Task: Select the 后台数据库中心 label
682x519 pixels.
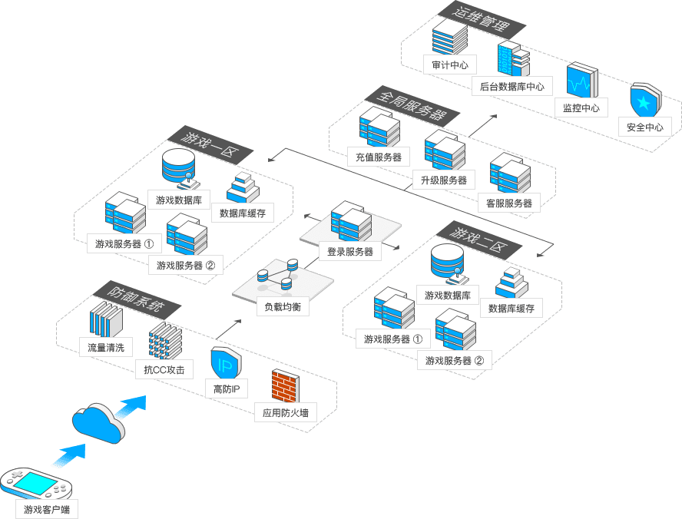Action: (511, 87)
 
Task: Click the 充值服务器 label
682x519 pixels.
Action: (379, 157)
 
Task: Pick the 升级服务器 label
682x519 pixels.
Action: (444, 180)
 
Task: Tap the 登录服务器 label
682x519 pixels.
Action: (350, 251)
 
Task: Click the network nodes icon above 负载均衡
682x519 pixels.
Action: (278, 275)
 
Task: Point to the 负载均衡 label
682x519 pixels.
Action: (282, 307)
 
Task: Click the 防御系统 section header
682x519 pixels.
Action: (135, 300)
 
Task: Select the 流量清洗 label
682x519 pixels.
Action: (106, 347)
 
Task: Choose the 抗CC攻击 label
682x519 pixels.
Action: (164, 369)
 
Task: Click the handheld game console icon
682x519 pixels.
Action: (36, 482)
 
